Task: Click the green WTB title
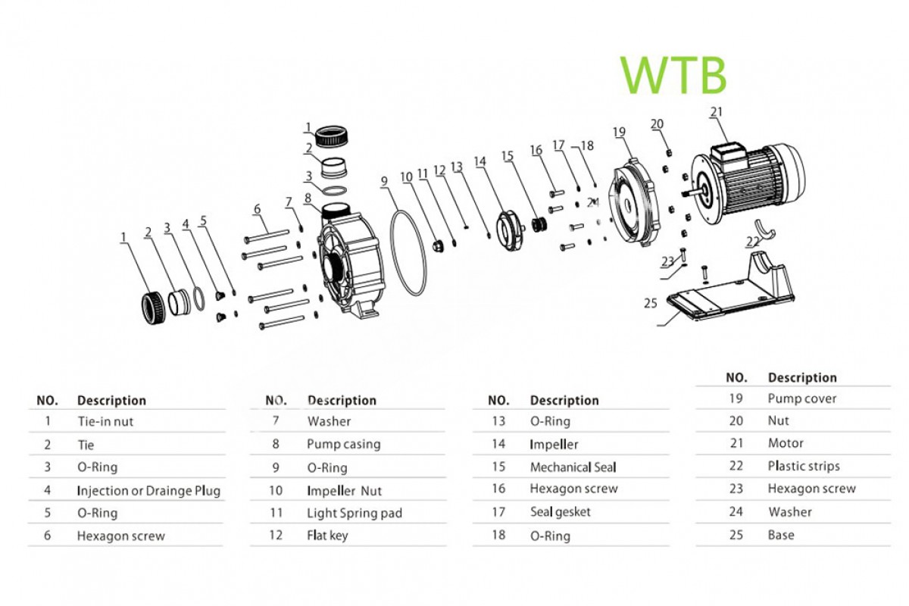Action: (673, 74)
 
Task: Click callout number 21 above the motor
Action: (717, 112)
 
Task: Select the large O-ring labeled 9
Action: (408, 254)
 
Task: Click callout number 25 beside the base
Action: (650, 303)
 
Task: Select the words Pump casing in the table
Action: (343, 444)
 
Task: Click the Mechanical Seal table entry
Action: (573, 467)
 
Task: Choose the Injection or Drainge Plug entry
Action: (148, 490)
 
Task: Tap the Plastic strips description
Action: (803, 466)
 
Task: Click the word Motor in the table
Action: (786, 443)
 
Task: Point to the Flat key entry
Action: (327, 536)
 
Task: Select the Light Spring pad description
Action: (354, 513)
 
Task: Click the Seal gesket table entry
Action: (560, 512)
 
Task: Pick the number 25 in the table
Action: (736, 535)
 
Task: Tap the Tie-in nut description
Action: (105, 421)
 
